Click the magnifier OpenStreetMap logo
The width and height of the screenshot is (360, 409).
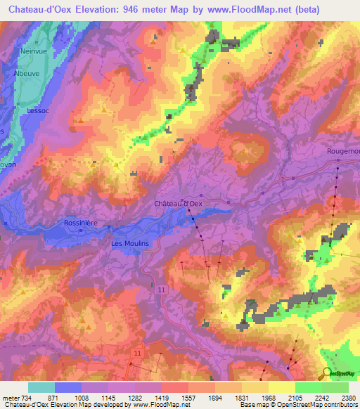(x=326, y=373)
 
